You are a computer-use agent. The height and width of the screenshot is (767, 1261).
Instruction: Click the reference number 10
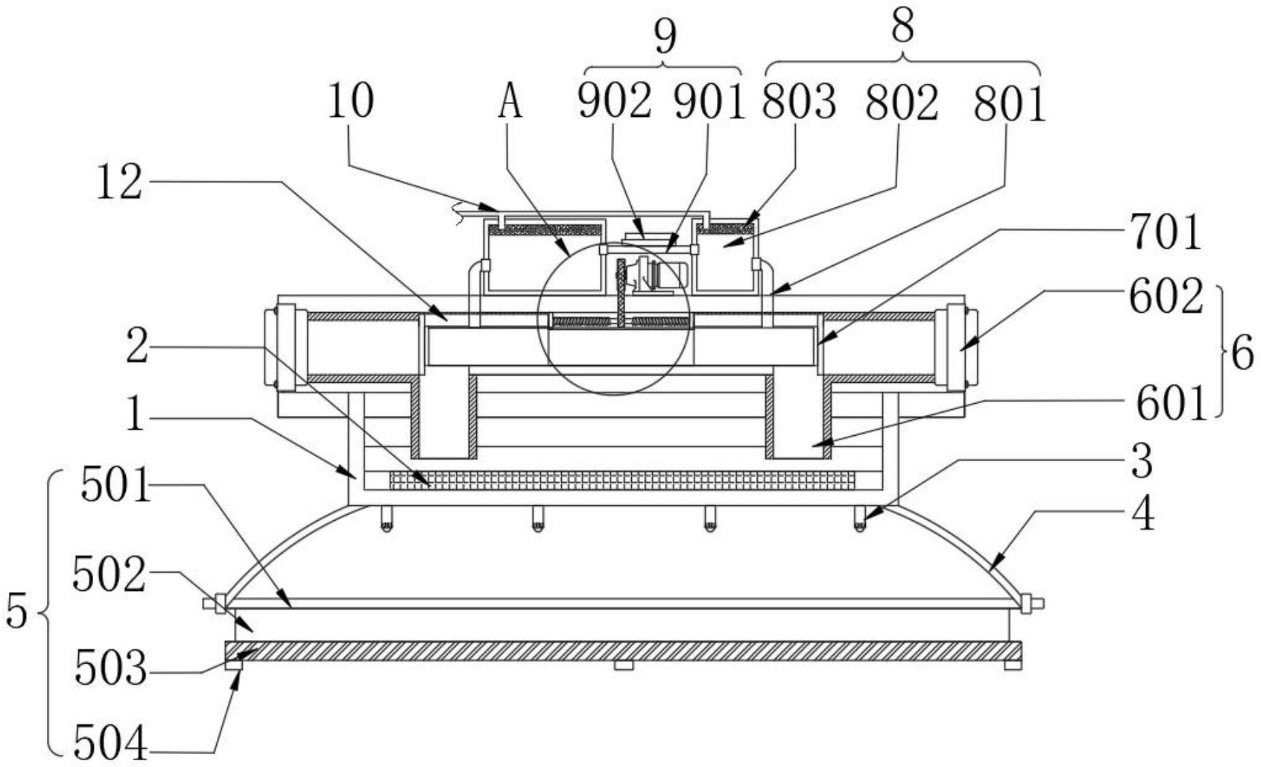click(351, 101)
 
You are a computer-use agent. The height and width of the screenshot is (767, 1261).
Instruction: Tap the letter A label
click(510, 102)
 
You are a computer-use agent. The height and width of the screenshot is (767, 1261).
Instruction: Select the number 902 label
click(614, 102)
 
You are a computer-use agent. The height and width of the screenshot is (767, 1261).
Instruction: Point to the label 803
click(798, 102)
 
